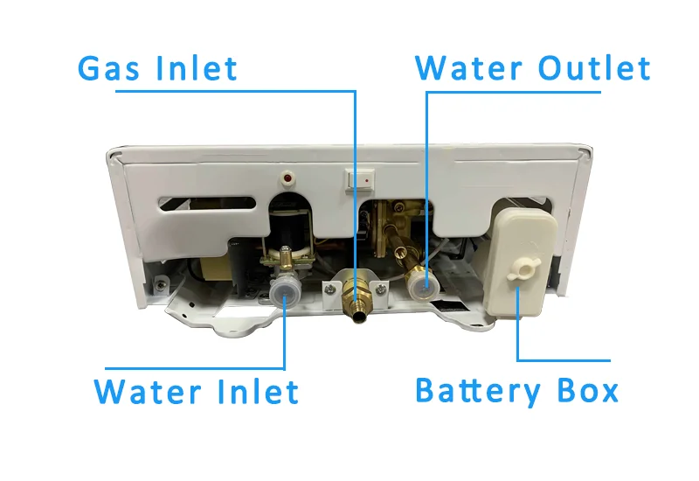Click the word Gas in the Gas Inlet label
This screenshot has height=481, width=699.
click(x=109, y=68)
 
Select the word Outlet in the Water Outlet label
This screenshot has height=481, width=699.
click(x=593, y=68)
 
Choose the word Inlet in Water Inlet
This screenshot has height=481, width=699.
click(x=257, y=391)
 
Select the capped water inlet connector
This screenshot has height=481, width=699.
click(x=285, y=289)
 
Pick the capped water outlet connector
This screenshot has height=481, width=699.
click(x=422, y=282)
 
